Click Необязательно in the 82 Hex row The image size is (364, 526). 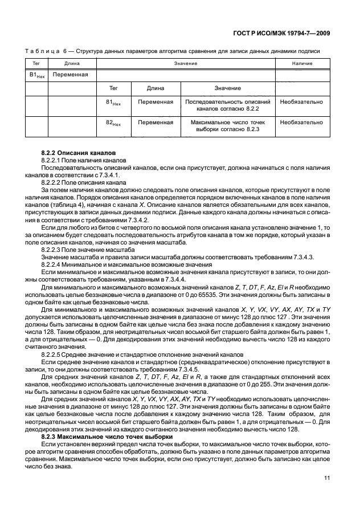[302, 122]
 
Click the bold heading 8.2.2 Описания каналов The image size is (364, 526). [78, 154]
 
